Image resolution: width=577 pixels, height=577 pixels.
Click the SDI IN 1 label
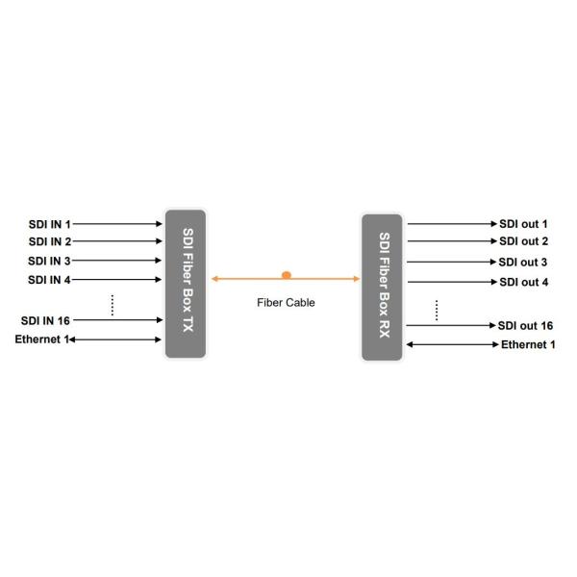(x=49, y=223)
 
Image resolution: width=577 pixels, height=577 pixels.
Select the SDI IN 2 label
(x=49, y=241)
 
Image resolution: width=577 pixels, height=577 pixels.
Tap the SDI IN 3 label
(x=49, y=261)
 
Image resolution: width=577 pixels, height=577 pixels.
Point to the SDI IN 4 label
(x=49, y=280)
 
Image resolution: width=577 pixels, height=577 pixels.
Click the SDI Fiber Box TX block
(x=186, y=283)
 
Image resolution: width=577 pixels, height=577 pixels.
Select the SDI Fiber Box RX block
(x=382, y=287)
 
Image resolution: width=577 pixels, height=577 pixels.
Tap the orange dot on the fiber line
(x=286, y=275)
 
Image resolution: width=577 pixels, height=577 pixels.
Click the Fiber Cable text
(x=286, y=302)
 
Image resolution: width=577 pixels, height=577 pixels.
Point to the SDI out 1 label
(x=523, y=224)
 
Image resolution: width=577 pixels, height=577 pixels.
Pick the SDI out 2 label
(x=523, y=241)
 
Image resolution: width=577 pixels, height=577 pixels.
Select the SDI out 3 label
(x=523, y=262)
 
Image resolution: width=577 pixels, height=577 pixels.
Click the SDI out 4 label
(x=523, y=282)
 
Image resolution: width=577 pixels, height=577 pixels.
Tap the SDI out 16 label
(x=526, y=326)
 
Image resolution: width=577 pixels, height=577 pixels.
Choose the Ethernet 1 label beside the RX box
(x=528, y=344)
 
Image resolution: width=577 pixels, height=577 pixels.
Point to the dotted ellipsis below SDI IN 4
(x=113, y=304)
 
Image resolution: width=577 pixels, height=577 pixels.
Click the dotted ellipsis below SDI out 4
(x=437, y=309)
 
